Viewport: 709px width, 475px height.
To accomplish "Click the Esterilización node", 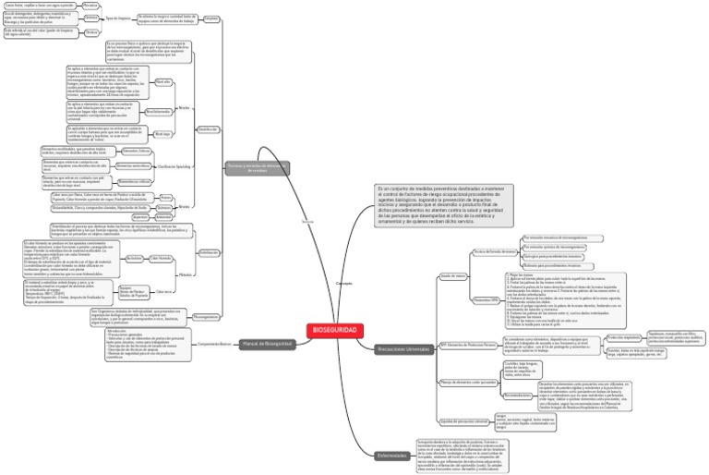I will (x=210, y=251).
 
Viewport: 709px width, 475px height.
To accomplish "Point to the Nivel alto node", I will (x=162, y=82).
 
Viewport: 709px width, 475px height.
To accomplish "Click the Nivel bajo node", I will (x=162, y=133).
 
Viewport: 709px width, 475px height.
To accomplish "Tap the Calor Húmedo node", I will (x=161, y=258).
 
